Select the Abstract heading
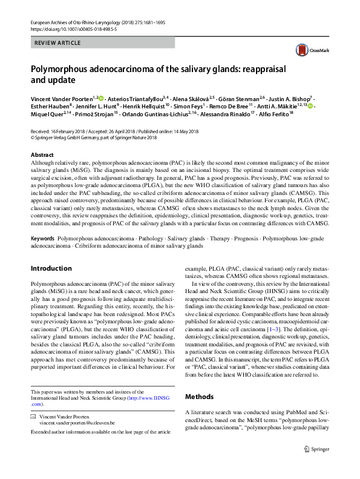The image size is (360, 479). pos(42,156)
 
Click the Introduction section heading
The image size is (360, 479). pos(51,268)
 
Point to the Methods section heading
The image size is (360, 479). pos(200,397)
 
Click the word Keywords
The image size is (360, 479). pos(43,240)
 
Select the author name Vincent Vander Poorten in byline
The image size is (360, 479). pos(62,97)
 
